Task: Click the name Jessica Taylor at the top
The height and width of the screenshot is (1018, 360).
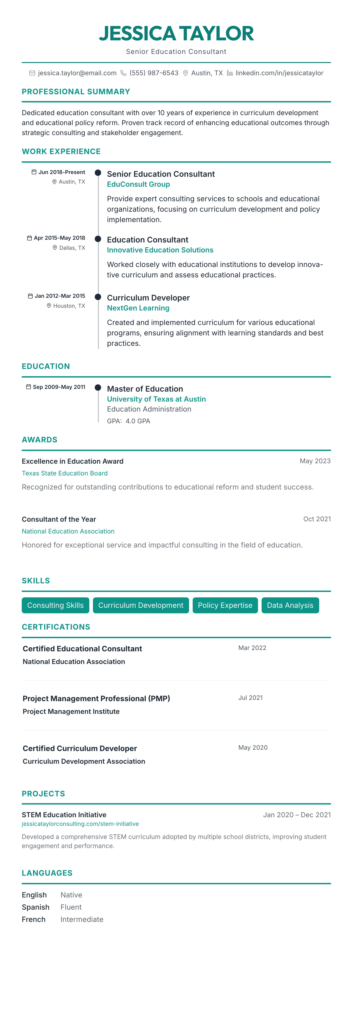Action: [x=176, y=34]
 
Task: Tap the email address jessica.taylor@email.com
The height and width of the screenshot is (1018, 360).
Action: [x=77, y=73]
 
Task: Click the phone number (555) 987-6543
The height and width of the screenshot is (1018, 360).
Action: [x=154, y=73]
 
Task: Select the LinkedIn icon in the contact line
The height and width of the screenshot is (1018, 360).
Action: [x=230, y=73]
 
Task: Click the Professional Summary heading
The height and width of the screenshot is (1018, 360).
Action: [x=76, y=92]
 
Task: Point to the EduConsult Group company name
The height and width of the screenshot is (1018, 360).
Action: [x=138, y=184]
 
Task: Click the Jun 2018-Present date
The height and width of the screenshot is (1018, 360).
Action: [x=62, y=172]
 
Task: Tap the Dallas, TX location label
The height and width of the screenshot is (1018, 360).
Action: [x=72, y=248]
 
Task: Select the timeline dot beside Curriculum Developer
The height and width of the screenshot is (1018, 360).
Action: [x=98, y=296]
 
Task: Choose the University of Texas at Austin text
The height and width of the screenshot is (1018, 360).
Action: [x=156, y=399]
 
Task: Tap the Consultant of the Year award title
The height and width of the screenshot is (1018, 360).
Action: [x=59, y=519]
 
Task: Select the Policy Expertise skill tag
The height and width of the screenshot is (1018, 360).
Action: [x=225, y=605]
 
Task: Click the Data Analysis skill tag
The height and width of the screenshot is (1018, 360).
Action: [x=290, y=605]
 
